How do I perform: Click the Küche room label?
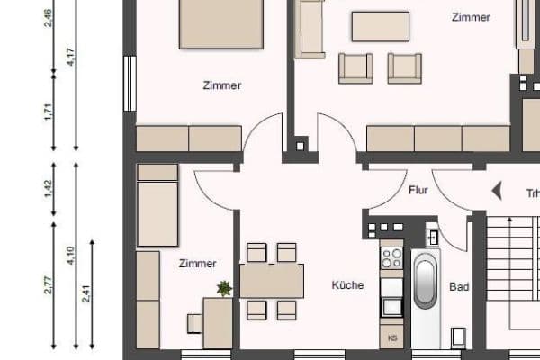pyautogui.click(x=347, y=285)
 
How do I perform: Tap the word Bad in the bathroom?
pyautogui.click(x=459, y=288)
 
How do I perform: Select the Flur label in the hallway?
pyautogui.click(x=418, y=191)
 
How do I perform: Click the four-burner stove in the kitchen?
pyautogui.click(x=391, y=258)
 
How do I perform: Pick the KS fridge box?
pyautogui.click(x=391, y=337)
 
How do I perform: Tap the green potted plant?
pyautogui.click(x=223, y=288)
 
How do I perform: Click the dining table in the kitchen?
pyautogui.click(x=271, y=281)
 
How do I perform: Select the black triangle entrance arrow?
pyautogui.click(x=495, y=191)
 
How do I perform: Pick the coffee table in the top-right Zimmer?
pyautogui.click(x=380, y=26)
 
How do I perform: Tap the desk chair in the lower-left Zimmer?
pyautogui.click(x=193, y=322)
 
